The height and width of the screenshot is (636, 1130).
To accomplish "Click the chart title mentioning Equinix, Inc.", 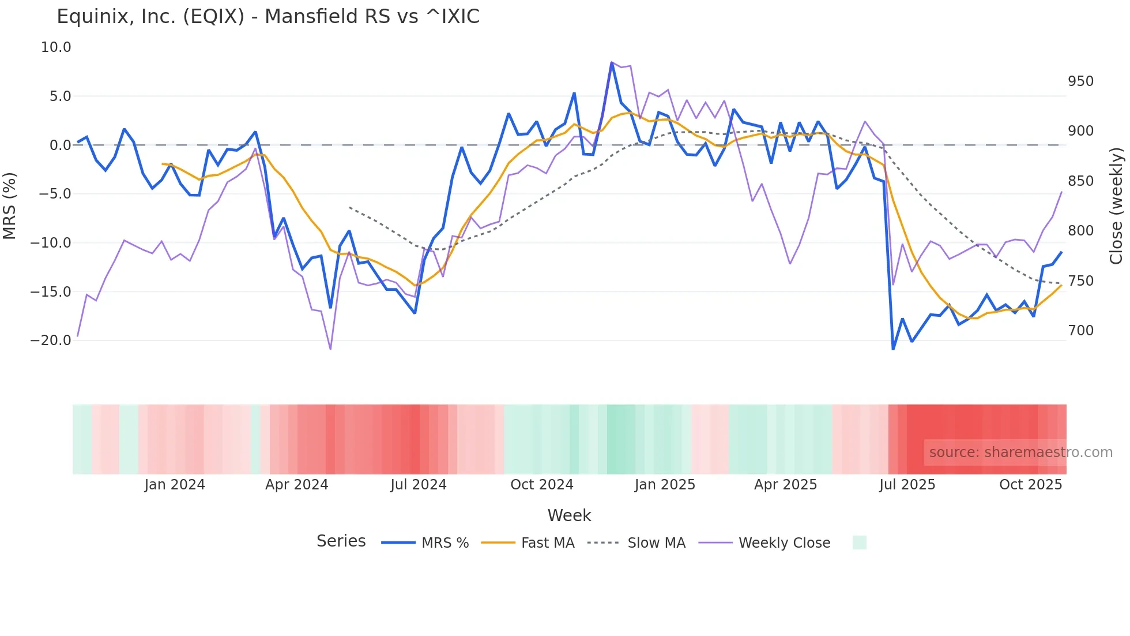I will [x=268, y=17].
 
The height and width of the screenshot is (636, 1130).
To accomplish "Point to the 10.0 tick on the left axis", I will [x=56, y=47].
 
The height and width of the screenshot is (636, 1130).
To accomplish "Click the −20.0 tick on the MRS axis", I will [x=51, y=341].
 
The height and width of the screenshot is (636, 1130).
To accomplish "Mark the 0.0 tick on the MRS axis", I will [x=61, y=145].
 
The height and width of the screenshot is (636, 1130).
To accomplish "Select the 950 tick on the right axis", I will [x=1080, y=81].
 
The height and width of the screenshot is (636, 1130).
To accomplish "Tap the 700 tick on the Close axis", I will [x=1080, y=331].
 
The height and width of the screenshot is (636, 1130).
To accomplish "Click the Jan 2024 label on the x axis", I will [x=175, y=485].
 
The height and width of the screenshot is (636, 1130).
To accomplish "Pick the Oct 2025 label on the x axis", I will [x=1030, y=485].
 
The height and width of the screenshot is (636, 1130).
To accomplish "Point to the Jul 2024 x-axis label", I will [x=419, y=485].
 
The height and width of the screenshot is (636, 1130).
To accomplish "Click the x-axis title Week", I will [x=569, y=515].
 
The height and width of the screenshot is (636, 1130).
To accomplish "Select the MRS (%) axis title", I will [x=10, y=205].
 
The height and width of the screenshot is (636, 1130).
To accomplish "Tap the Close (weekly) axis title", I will [x=1116, y=205].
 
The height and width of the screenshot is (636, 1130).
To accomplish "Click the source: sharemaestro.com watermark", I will [x=1020, y=452].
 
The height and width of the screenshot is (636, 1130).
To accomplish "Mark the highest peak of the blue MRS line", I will [x=612, y=62].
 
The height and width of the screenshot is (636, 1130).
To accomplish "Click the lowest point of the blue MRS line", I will [x=893, y=349].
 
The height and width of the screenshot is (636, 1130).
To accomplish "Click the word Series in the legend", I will [x=341, y=541].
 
